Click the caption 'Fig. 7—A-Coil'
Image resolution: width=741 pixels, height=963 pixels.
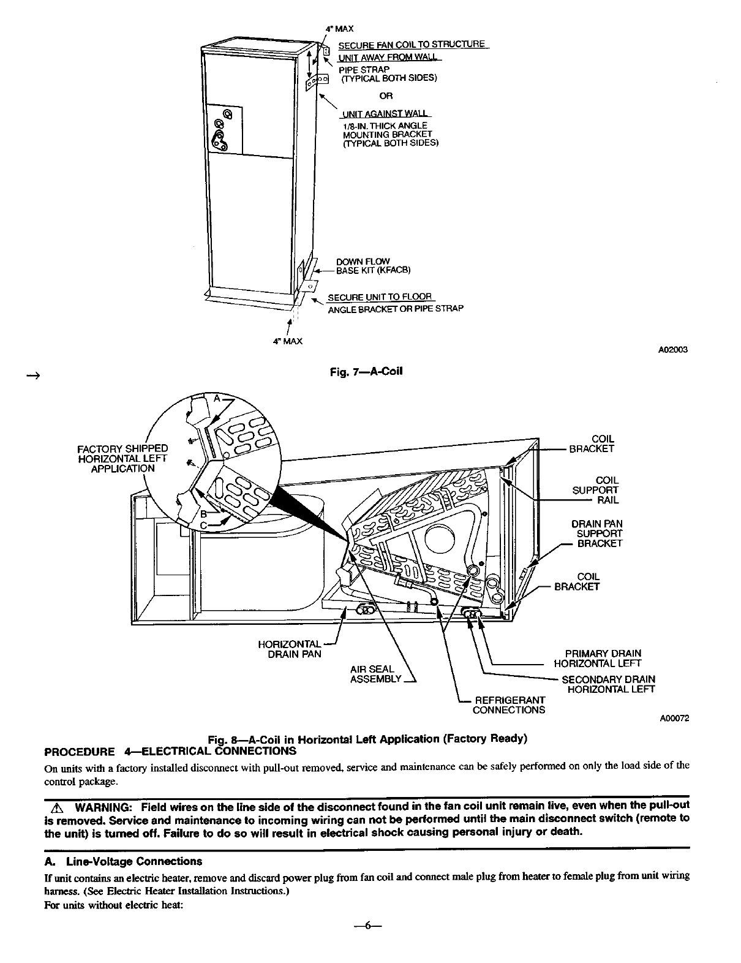click(366, 371)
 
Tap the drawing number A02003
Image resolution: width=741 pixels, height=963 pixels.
click(673, 350)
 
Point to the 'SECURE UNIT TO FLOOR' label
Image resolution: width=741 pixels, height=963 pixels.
click(380, 297)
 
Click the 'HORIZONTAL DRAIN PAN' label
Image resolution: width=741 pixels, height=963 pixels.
click(290, 649)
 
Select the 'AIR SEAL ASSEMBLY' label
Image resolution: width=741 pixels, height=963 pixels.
click(375, 674)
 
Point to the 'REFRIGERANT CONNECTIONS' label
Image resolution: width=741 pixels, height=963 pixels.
click(510, 704)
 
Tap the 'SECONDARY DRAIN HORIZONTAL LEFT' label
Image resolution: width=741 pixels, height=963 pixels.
click(609, 684)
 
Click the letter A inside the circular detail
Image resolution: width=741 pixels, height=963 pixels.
click(216, 398)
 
